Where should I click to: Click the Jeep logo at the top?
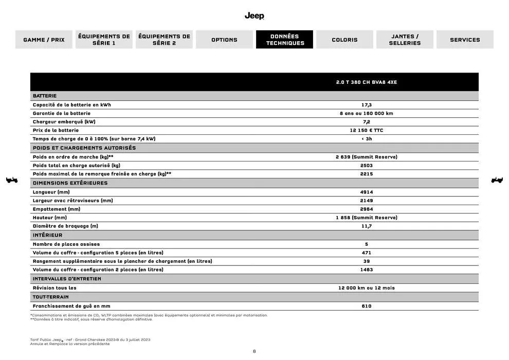[x=254, y=16]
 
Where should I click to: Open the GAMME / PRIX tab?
[x=44, y=40]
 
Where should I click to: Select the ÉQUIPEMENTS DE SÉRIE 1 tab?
[x=104, y=40]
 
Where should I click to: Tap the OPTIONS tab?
[x=224, y=40]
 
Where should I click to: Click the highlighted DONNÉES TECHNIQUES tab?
[x=285, y=40]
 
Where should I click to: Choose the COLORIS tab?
[x=344, y=40]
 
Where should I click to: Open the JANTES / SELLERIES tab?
[x=405, y=40]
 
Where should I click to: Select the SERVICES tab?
[x=465, y=40]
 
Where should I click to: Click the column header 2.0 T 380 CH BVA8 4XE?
[x=366, y=82]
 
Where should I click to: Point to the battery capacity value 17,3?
[x=366, y=105]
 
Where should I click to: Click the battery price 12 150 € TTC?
[x=366, y=131]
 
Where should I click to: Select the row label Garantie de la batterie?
[x=62, y=113]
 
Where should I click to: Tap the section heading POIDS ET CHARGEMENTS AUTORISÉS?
[x=84, y=148]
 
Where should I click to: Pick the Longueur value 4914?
[x=366, y=192]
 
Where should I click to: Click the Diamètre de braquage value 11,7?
[x=366, y=226]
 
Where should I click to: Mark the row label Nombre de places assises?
[x=66, y=244]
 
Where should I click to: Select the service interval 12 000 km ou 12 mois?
[x=366, y=288]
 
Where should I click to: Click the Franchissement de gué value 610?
[x=366, y=306]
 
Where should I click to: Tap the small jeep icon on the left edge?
[x=11, y=180]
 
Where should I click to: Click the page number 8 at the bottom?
[x=254, y=352]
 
